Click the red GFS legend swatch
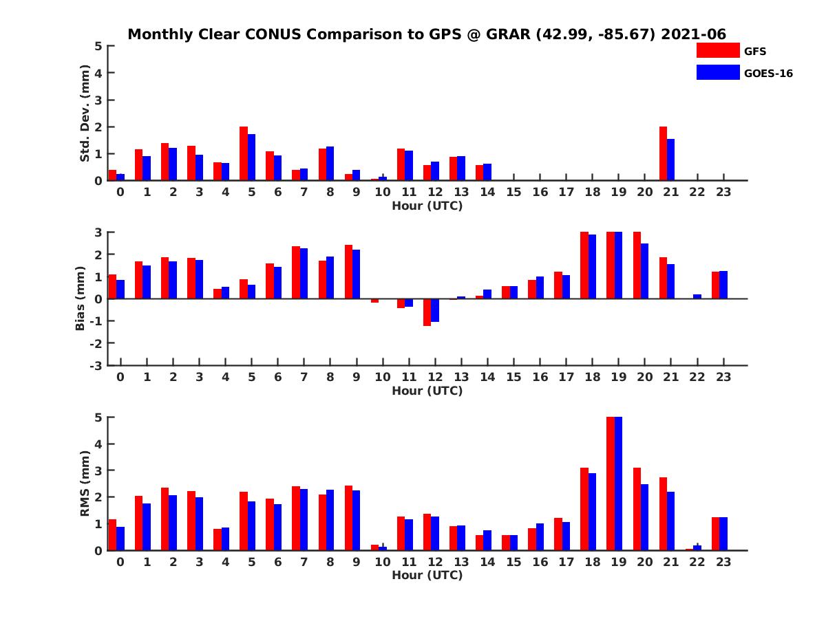[x=717, y=50]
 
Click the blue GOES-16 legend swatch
[x=717, y=72]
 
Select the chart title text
[x=427, y=34]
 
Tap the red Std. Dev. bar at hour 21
[x=663, y=153]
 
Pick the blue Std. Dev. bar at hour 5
[x=251, y=158]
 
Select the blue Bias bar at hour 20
[x=644, y=271]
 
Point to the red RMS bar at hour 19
[x=611, y=484]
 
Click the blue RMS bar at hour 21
[x=670, y=521]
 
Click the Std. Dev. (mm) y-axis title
[x=85, y=113]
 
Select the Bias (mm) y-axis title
[x=81, y=298]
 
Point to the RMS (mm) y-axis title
[x=85, y=483]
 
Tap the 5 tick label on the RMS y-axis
[x=99, y=417]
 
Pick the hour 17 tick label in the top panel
[x=566, y=192]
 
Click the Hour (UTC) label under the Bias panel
[x=427, y=391]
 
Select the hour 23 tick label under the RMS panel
[x=723, y=562]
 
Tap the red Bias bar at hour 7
[x=296, y=272]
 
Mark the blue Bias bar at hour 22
[x=697, y=296]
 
